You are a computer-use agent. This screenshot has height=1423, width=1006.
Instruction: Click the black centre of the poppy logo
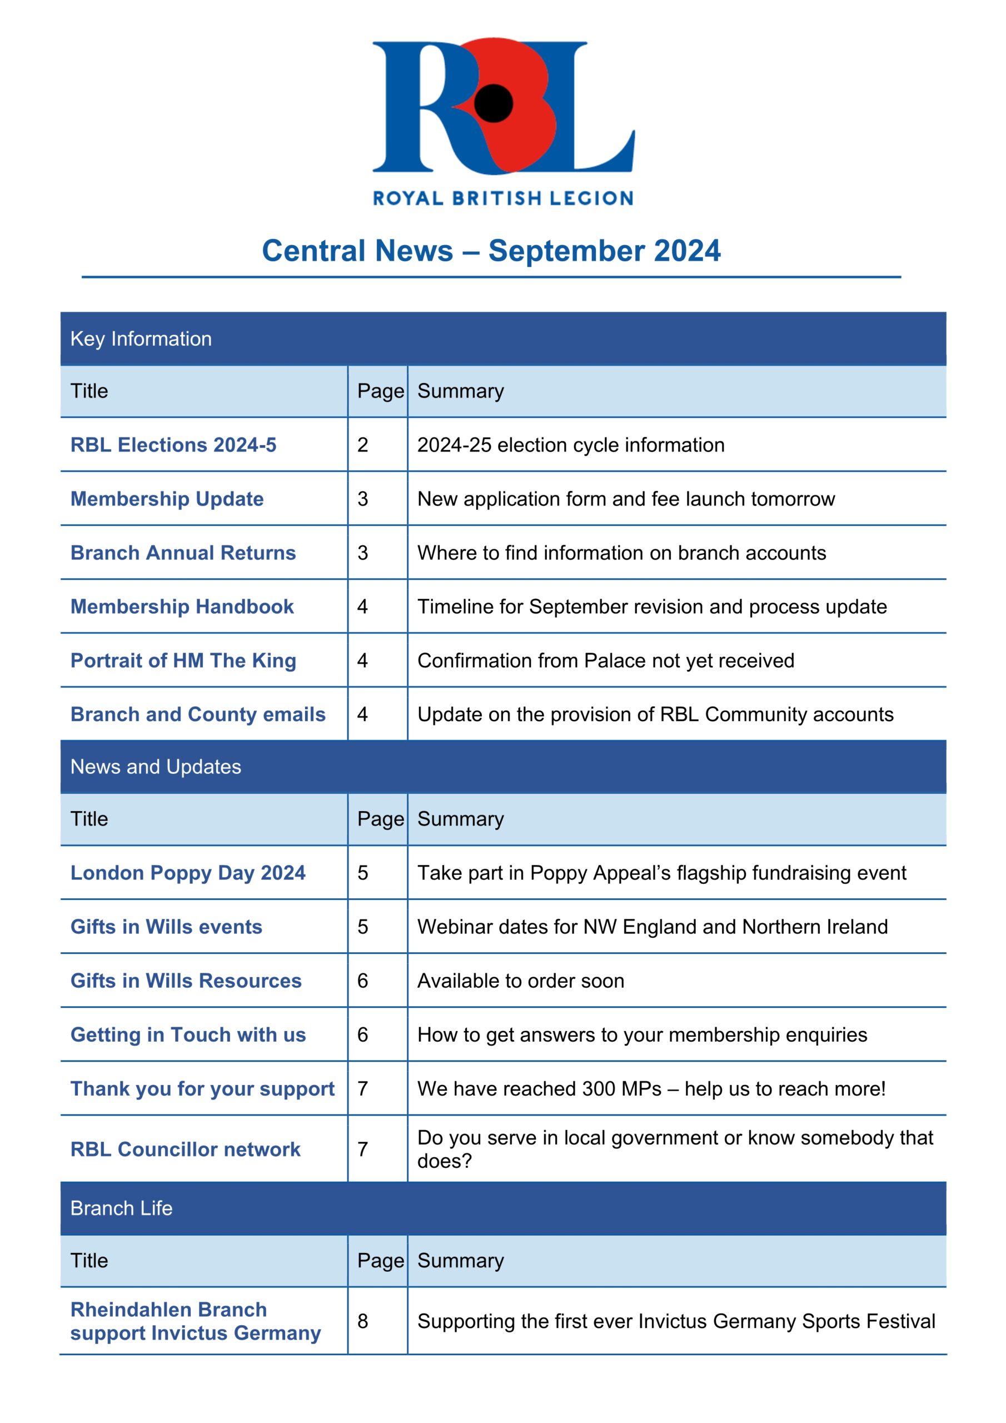coord(494,103)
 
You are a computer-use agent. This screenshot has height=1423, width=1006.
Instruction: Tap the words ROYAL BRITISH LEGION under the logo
coord(502,198)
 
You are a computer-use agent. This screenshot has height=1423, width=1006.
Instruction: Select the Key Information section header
coord(141,339)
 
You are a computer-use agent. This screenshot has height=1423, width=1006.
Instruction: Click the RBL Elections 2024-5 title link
coord(173,445)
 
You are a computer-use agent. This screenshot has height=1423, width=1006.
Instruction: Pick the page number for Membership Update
coord(362,499)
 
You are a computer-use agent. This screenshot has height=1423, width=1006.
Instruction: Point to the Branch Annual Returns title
coord(183,553)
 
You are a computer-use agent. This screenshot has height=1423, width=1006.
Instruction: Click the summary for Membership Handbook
coord(651,607)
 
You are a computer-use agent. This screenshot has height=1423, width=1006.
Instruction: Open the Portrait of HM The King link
coord(183,661)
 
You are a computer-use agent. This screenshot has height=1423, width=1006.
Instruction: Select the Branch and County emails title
coord(198,715)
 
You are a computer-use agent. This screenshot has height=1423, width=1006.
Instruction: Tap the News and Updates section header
coord(156,767)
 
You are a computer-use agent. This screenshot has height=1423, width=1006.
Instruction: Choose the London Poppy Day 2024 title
coord(188,873)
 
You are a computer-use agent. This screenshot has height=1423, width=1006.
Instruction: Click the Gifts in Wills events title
coord(166,927)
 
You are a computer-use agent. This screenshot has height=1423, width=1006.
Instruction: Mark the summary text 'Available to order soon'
coord(520,981)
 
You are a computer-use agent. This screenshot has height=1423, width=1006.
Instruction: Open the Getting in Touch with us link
coord(188,1035)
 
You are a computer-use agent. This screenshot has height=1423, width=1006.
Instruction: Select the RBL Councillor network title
coord(185,1150)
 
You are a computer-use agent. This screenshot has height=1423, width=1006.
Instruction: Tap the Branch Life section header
coord(122,1208)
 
